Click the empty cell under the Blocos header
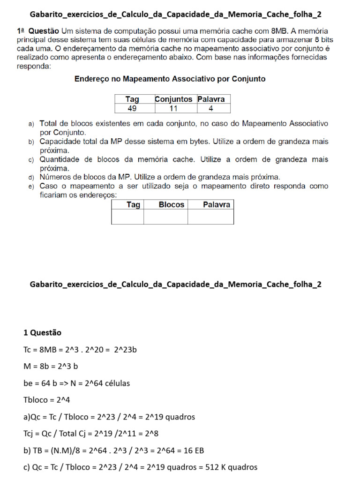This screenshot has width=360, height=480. tap(165, 217)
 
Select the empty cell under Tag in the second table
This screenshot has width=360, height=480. tap(127, 217)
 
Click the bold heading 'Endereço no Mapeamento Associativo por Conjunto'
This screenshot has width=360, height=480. tap(170, 79)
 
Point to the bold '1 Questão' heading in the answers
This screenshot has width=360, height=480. tap(42, 332)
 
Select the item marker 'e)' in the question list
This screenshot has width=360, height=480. tap(31, 187)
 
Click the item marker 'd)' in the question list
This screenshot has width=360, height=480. tap(31, 178)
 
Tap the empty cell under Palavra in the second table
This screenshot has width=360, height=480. tap(211, 217)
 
